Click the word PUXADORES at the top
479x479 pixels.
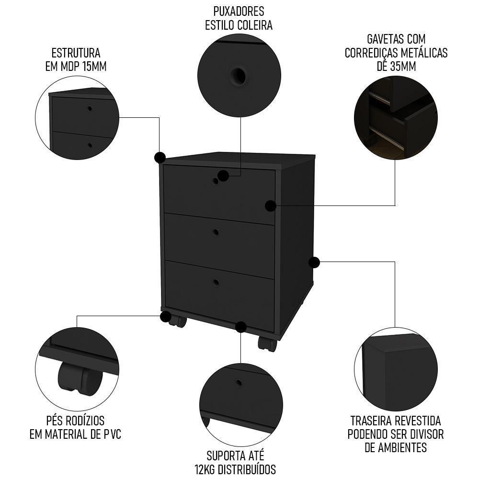tap(239, 11)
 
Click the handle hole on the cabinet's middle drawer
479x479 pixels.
tap(216, 232)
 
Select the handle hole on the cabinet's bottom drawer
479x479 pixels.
tap(216, 282)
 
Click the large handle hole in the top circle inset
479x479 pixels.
tap(238, 76)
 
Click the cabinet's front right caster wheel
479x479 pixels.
tap(267, 343)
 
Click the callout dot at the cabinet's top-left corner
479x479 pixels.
tap(160, 157)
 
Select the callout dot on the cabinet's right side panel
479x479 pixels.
tap(314, 262)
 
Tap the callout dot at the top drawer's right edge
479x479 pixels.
tap(271, 206)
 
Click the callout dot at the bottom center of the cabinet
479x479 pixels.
tap(241, 327)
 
